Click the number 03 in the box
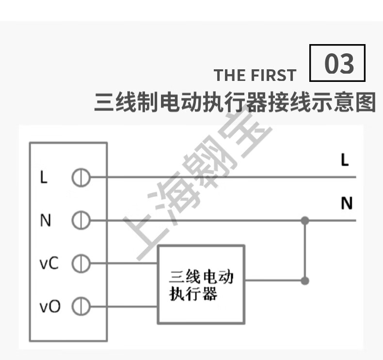pos(338,64)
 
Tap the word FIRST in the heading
pos(273,76)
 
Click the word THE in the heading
pos(230,76)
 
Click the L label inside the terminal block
pos(44,178)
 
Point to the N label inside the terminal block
pos(45,221)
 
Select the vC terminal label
pos(49,264)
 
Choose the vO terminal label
pos(49,307)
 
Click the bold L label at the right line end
pos(345,160)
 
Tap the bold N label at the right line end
pos(346,203)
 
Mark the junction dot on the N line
pos(304,221)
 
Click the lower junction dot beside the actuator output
pos(304,281)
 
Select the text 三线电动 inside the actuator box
pos(201,277)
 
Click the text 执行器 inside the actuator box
pos(193,294)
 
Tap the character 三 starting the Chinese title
pos(104,103)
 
